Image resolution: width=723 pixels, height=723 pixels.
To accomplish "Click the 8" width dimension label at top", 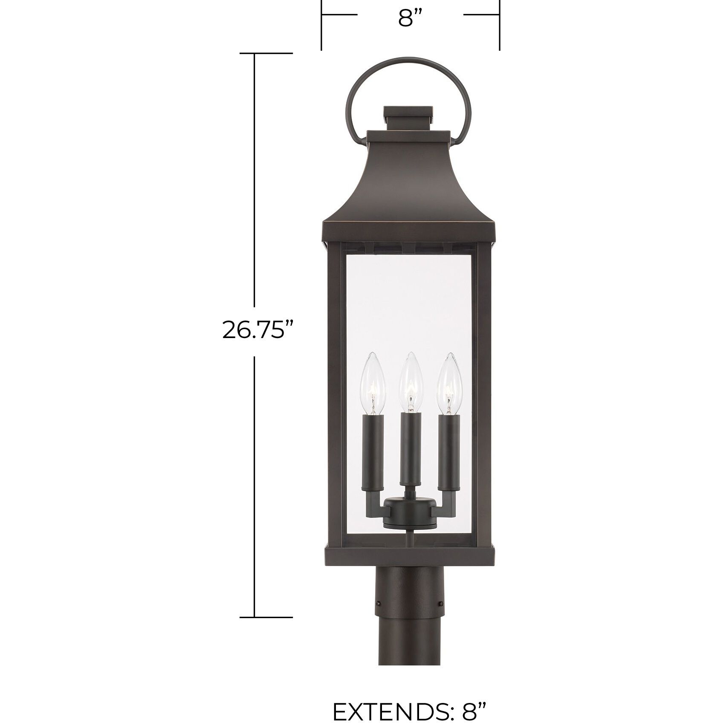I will click(x=410, y=18).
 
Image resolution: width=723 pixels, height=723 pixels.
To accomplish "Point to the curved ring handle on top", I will click(x=409, y=64).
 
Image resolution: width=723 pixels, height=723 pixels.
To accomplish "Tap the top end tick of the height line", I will click(x=266, y=53).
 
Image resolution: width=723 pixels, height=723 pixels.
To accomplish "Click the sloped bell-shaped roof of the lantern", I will click(x=409, y=188).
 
